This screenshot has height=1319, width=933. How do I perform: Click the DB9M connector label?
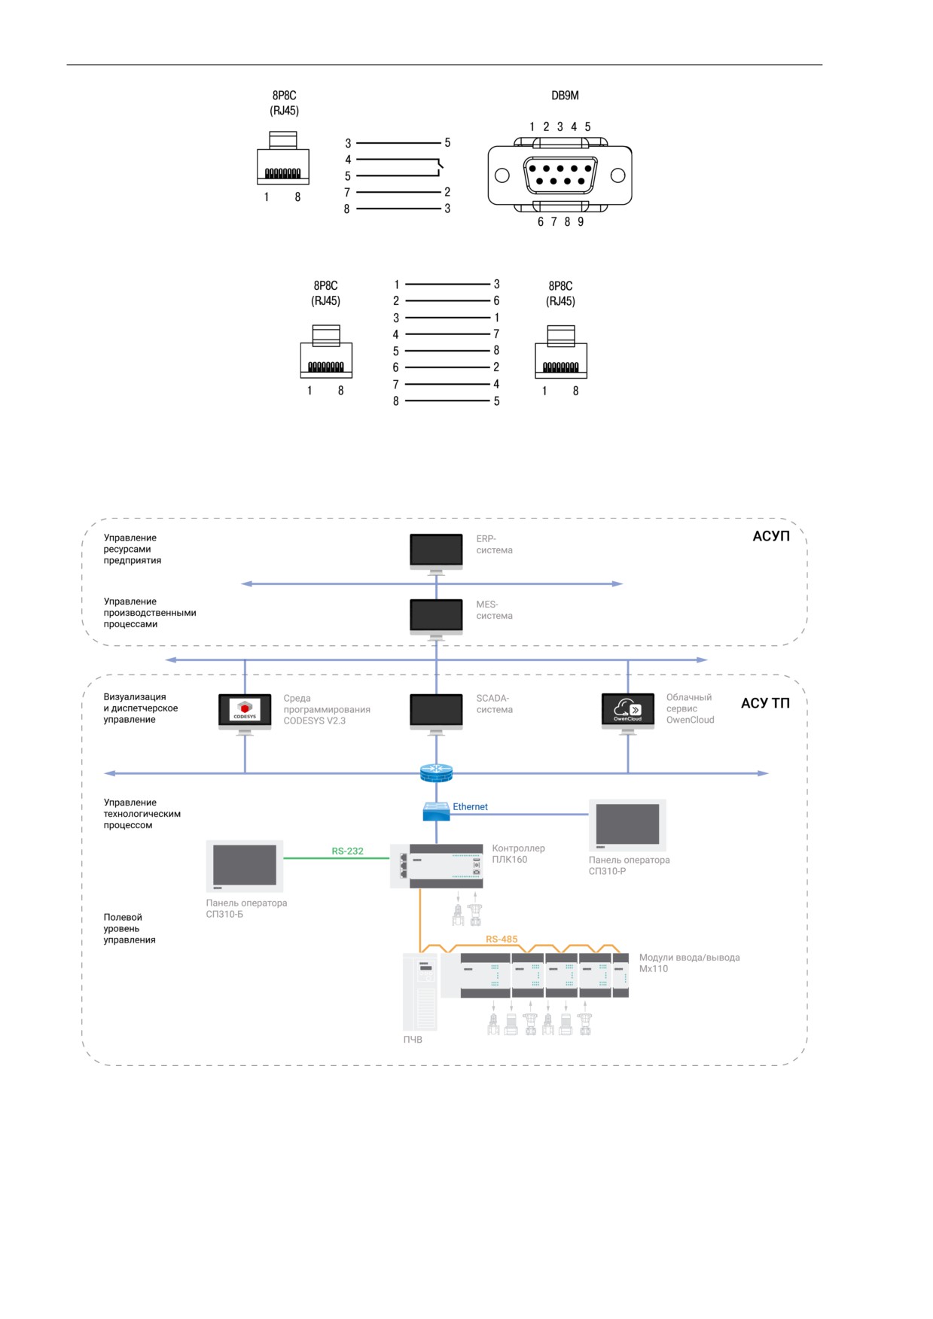565,96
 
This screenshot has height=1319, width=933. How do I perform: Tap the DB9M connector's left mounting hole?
502,175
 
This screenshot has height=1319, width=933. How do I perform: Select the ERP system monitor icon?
436,553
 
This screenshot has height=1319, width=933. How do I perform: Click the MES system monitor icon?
436,619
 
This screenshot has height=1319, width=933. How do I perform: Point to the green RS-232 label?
347,851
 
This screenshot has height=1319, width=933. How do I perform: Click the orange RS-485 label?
502,939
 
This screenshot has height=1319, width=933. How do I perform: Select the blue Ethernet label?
470,806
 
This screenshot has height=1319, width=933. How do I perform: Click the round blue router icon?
436,772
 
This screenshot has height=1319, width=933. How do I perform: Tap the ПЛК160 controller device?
437,866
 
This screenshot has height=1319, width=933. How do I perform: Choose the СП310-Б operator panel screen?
245,867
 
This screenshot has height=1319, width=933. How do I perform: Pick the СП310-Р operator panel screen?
627,825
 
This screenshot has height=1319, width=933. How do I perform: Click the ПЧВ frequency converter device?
420,992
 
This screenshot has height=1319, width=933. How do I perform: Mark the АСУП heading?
771,536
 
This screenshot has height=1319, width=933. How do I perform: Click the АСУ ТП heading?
765,703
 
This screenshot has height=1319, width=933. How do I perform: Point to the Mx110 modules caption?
690,963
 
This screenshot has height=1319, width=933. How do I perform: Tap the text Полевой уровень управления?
130,928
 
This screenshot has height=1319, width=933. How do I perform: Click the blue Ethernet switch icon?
436,811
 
